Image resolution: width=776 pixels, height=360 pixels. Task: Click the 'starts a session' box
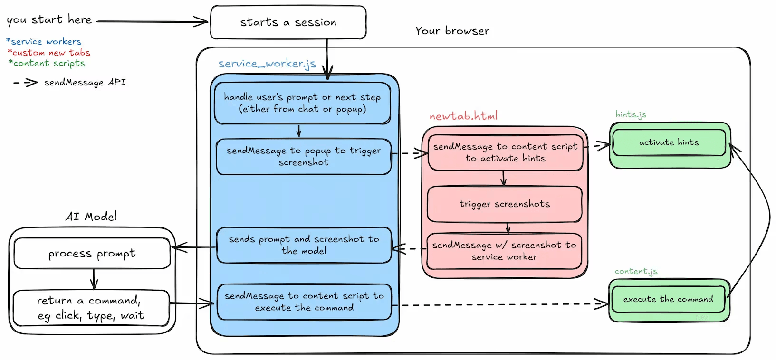(x=288, y=22)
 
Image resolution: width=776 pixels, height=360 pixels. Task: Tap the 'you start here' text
(x=49, y=20)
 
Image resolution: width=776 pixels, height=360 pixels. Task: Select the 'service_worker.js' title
(x=267, y=64)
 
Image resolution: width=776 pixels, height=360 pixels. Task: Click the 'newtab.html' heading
(x=463, y=116)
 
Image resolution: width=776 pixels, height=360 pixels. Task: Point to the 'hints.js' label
(x=631, y=114)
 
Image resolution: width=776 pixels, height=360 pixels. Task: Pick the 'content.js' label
(x=636, y=271)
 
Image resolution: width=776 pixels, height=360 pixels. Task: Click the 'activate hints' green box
(x=669, y=142)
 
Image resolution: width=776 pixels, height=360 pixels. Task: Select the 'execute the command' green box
(x=668, y=299)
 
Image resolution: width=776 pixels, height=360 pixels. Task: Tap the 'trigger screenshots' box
(x=505, y=204)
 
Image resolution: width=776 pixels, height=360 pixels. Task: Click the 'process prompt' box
(x=92, y=254)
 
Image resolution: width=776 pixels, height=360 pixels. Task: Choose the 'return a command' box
(x=91, y=308)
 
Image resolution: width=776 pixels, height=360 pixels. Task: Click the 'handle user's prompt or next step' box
(x=302, y=103)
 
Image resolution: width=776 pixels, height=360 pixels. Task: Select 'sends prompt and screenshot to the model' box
(x=304, y=245)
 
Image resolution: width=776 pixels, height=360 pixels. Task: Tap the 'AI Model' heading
(x=91, y=217)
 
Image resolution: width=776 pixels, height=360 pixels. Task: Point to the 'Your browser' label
(x=452, y=31)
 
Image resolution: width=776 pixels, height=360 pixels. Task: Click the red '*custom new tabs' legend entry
(x=49, y=53)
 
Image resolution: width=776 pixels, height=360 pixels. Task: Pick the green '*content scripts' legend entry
(x=47, y=63)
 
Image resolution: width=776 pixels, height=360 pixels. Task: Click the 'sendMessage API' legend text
(x=85, y=83)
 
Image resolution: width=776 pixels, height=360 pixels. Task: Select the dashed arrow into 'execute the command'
(x=499, y=304)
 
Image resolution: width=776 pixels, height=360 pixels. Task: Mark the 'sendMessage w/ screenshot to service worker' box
(x=504, y=251)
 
